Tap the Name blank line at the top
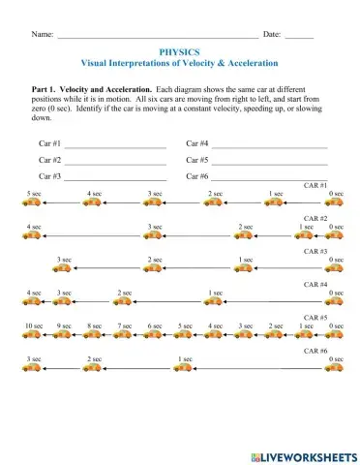tap(155, 34)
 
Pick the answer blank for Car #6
tap(270, 177)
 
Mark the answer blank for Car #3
tap(115, 177)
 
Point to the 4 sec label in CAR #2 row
tap(35, 227)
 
